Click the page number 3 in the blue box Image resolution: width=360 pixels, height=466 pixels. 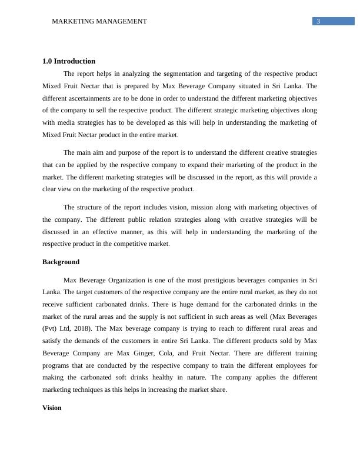318,22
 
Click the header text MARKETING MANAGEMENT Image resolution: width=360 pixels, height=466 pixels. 99,22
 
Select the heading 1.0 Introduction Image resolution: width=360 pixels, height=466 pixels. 69,61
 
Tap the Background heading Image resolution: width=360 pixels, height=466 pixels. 61,262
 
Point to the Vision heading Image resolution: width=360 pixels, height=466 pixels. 52,408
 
